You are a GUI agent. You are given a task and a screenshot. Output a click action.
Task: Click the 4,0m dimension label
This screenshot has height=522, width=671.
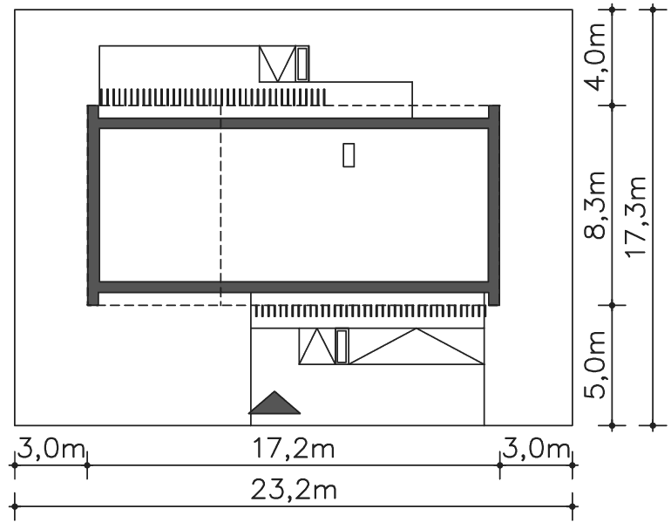pos(596,58)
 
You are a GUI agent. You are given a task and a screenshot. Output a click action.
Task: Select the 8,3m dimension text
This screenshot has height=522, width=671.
pos(596,205)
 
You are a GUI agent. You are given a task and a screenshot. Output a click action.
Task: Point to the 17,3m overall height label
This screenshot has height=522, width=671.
pos(636,217)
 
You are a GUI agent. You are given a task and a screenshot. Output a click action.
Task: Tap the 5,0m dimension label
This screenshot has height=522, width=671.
pos(596,365)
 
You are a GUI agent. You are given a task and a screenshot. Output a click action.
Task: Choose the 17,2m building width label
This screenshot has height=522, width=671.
pos(293,449)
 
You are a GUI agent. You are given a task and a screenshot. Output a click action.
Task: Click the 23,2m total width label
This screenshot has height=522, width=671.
pos(293,490)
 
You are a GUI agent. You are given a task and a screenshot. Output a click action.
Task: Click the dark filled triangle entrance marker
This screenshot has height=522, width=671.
pos(274,403)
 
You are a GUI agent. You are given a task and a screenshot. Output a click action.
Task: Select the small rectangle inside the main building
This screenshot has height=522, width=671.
pos(349,155)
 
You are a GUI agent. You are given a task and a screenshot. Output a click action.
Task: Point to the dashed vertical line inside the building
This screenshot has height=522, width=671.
pos(220,206)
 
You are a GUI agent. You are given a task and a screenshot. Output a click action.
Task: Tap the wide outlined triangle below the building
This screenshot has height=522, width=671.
pos(417,347)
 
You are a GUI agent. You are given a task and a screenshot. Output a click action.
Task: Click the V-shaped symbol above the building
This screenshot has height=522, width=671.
pos(277,64)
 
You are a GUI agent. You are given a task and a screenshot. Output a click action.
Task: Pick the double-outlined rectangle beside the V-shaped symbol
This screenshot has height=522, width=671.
pos(302,64)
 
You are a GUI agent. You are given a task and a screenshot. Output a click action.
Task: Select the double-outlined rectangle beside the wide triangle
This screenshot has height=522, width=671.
pos(342,347)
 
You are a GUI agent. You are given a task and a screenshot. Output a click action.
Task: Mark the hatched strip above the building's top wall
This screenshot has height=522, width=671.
pos(213,97)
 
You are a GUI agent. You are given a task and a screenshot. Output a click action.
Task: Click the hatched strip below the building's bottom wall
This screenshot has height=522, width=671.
pos(369,311)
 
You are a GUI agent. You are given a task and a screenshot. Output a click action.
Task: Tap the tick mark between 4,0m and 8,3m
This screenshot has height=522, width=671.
pos(612,105)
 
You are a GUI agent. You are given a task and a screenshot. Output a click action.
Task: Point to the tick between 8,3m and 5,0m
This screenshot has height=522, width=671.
pos(612,305)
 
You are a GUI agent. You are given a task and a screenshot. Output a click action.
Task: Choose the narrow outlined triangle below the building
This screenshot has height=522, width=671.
pos(316,347)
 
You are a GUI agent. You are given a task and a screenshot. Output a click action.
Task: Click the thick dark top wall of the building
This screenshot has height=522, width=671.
pos(294,123)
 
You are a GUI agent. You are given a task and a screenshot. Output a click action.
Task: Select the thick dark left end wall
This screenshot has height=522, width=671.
pos(93,206)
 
